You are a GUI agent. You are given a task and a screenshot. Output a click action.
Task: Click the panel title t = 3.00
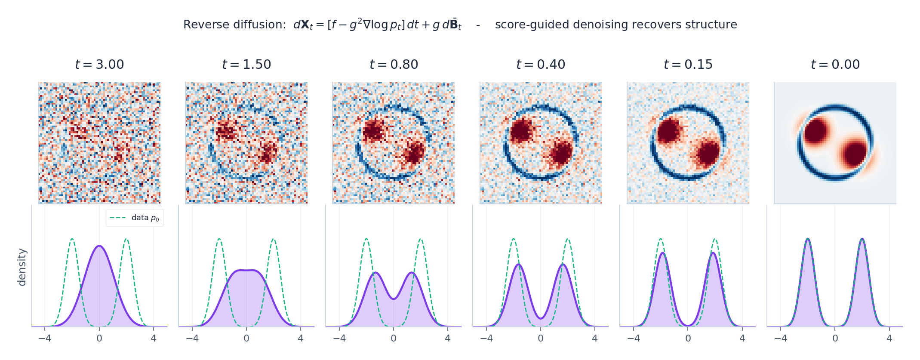coord(99,65)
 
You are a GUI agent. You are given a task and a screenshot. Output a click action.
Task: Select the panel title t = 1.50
coord(246,65)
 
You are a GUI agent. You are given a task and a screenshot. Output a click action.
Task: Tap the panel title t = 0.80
coord(394,65)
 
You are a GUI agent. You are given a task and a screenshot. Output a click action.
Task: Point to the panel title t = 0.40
coord(541,65)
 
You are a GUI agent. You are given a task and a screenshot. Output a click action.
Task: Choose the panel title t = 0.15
coord(688,65)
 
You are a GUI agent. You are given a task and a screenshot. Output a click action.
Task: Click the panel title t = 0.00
coord(835,65)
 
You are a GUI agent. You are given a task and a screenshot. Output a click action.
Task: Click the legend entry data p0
coord(135,218)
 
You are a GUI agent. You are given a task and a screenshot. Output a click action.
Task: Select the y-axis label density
coord(22,267)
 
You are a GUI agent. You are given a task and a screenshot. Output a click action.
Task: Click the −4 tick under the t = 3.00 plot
coord(45,338)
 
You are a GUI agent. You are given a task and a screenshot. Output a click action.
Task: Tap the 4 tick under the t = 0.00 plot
coord(889,338)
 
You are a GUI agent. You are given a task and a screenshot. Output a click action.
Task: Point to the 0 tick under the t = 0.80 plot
coord(394,338)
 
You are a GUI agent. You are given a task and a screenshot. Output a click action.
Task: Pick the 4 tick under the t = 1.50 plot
coord(301,338)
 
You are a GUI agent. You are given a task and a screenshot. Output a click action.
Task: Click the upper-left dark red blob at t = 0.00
coord(816,131)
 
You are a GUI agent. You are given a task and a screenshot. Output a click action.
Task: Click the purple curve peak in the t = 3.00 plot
coord(99,246)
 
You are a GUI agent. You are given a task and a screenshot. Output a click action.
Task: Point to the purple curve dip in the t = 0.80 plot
coord(394,298)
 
